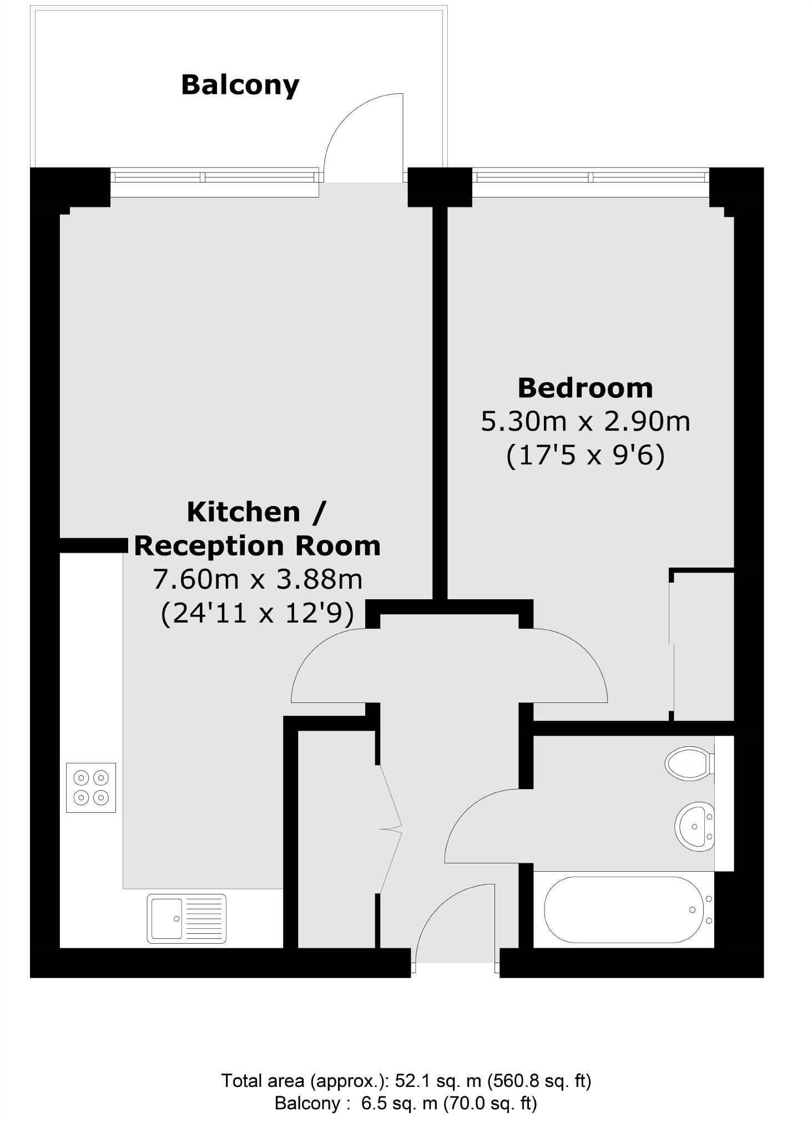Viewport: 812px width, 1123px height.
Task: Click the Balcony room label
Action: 240,85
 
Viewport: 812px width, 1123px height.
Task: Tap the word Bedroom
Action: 585,388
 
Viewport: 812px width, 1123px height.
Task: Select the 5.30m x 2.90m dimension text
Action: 585,422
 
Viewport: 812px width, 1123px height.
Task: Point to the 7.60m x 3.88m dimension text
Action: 258,580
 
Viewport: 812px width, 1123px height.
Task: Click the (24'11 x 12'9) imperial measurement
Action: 258,614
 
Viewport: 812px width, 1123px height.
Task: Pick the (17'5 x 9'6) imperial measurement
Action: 585,456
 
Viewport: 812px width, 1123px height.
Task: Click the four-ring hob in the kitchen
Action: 91,787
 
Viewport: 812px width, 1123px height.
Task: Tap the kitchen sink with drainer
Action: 186,918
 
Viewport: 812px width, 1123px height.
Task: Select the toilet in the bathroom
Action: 689,763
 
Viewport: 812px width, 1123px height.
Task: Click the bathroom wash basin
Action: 694,826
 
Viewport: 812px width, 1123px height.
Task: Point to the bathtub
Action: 627,909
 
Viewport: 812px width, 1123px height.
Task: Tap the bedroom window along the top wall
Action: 591,177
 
